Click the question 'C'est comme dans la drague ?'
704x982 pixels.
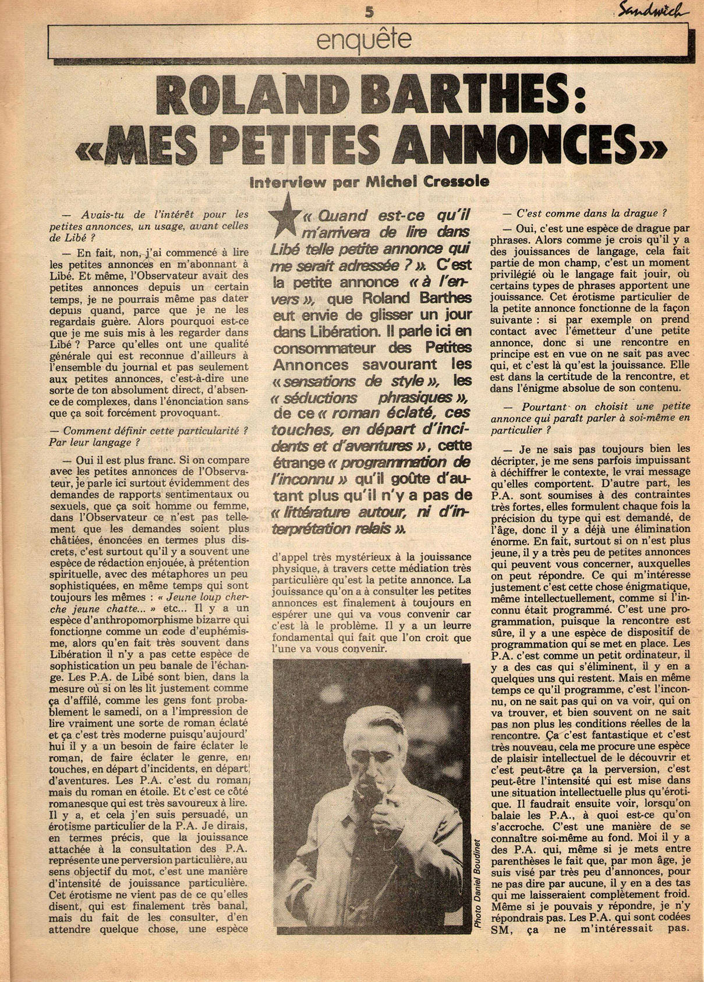point(592,213)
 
